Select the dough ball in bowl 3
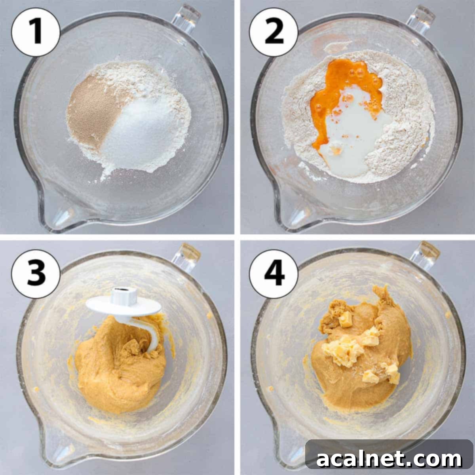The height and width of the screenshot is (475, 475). [115, 376]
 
